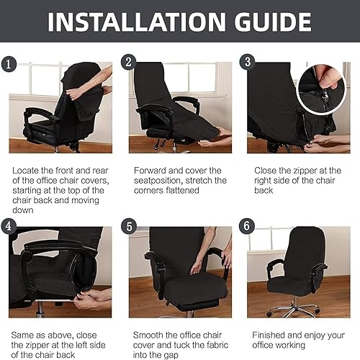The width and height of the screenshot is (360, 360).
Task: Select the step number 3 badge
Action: (x=248, y=62)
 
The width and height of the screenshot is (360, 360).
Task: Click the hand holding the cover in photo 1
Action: (x=75, y=92)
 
